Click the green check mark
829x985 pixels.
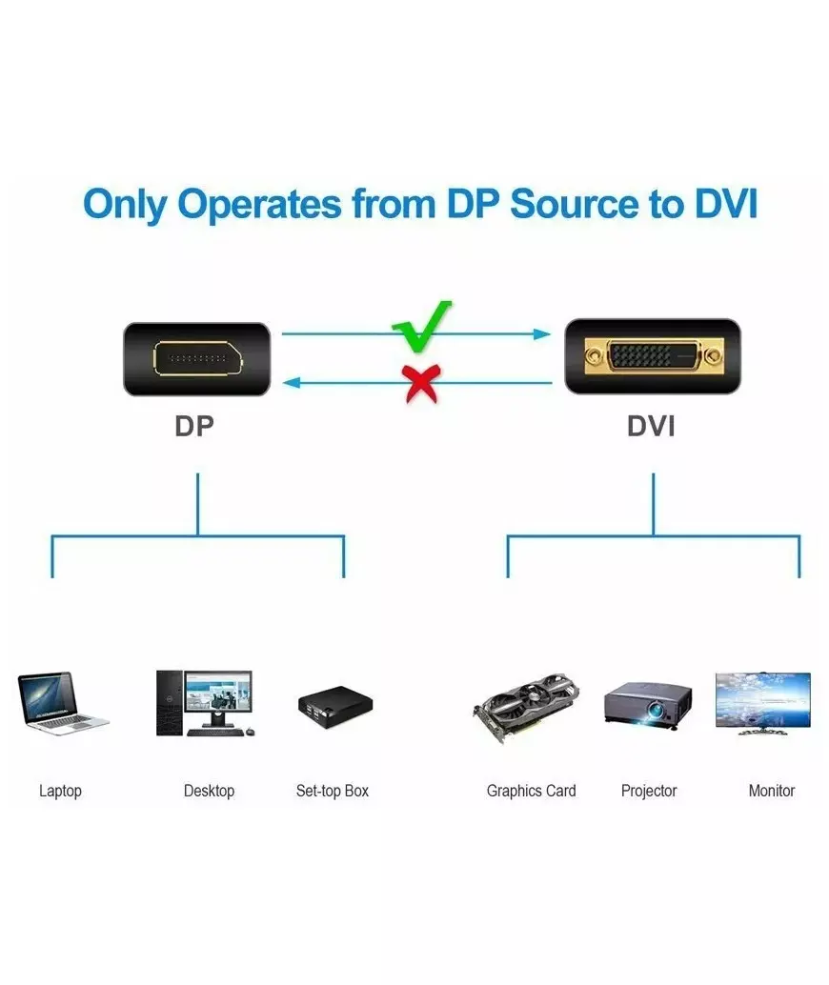(x=420, y=326)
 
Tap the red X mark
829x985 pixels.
(x=420, y=383)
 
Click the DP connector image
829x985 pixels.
(x=196, y=358)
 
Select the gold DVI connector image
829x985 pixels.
(x=652, y=357)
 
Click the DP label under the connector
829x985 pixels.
(x=194, y=426)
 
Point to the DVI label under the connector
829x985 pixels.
(x=651, y=426)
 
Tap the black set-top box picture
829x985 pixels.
(x=334, y=706)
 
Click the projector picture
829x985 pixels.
(x=648, y=706)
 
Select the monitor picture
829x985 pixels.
(x=763, y=702)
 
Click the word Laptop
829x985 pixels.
(x=60, y=791)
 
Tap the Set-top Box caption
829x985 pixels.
(x=332, y=791)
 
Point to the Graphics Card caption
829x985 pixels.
(x=531, y=791)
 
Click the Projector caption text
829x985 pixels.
(x=648, y=791)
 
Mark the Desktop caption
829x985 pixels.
(x=209, y=791)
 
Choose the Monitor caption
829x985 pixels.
(x=771, y=791)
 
